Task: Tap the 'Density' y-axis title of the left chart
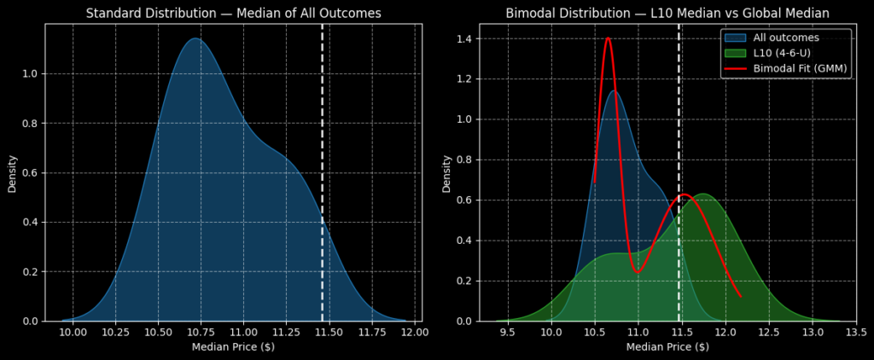12,172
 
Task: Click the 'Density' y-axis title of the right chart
446,172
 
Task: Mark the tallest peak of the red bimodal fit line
608,38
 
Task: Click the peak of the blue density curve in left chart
195,38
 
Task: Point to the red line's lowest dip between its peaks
638,271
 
